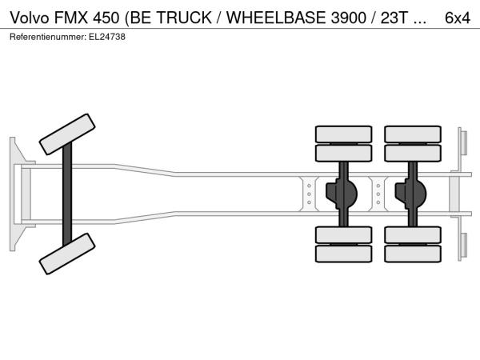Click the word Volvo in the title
[x=30, y=18]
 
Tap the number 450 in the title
[x=106, y=18]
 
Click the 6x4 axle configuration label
[x=458, y=18]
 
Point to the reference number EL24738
[x=107, y=37]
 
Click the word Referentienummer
[x=48, y=37]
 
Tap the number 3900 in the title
[x=348, y=18]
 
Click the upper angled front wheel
[x=67, y=134]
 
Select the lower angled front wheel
[x=67, y=254]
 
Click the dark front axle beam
[x=67, y=194]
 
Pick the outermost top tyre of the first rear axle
[x=343, y=134]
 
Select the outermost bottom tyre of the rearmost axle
[x=413, y=254]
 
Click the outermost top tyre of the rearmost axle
[x=413, y=134]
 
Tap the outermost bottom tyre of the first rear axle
[x=343, y=254]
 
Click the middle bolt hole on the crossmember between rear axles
[x=378, y=194]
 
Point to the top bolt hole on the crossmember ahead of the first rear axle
[x=309, y=186]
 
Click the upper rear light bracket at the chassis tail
[x=462, y=143]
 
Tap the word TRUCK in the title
[x=184, y=18]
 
